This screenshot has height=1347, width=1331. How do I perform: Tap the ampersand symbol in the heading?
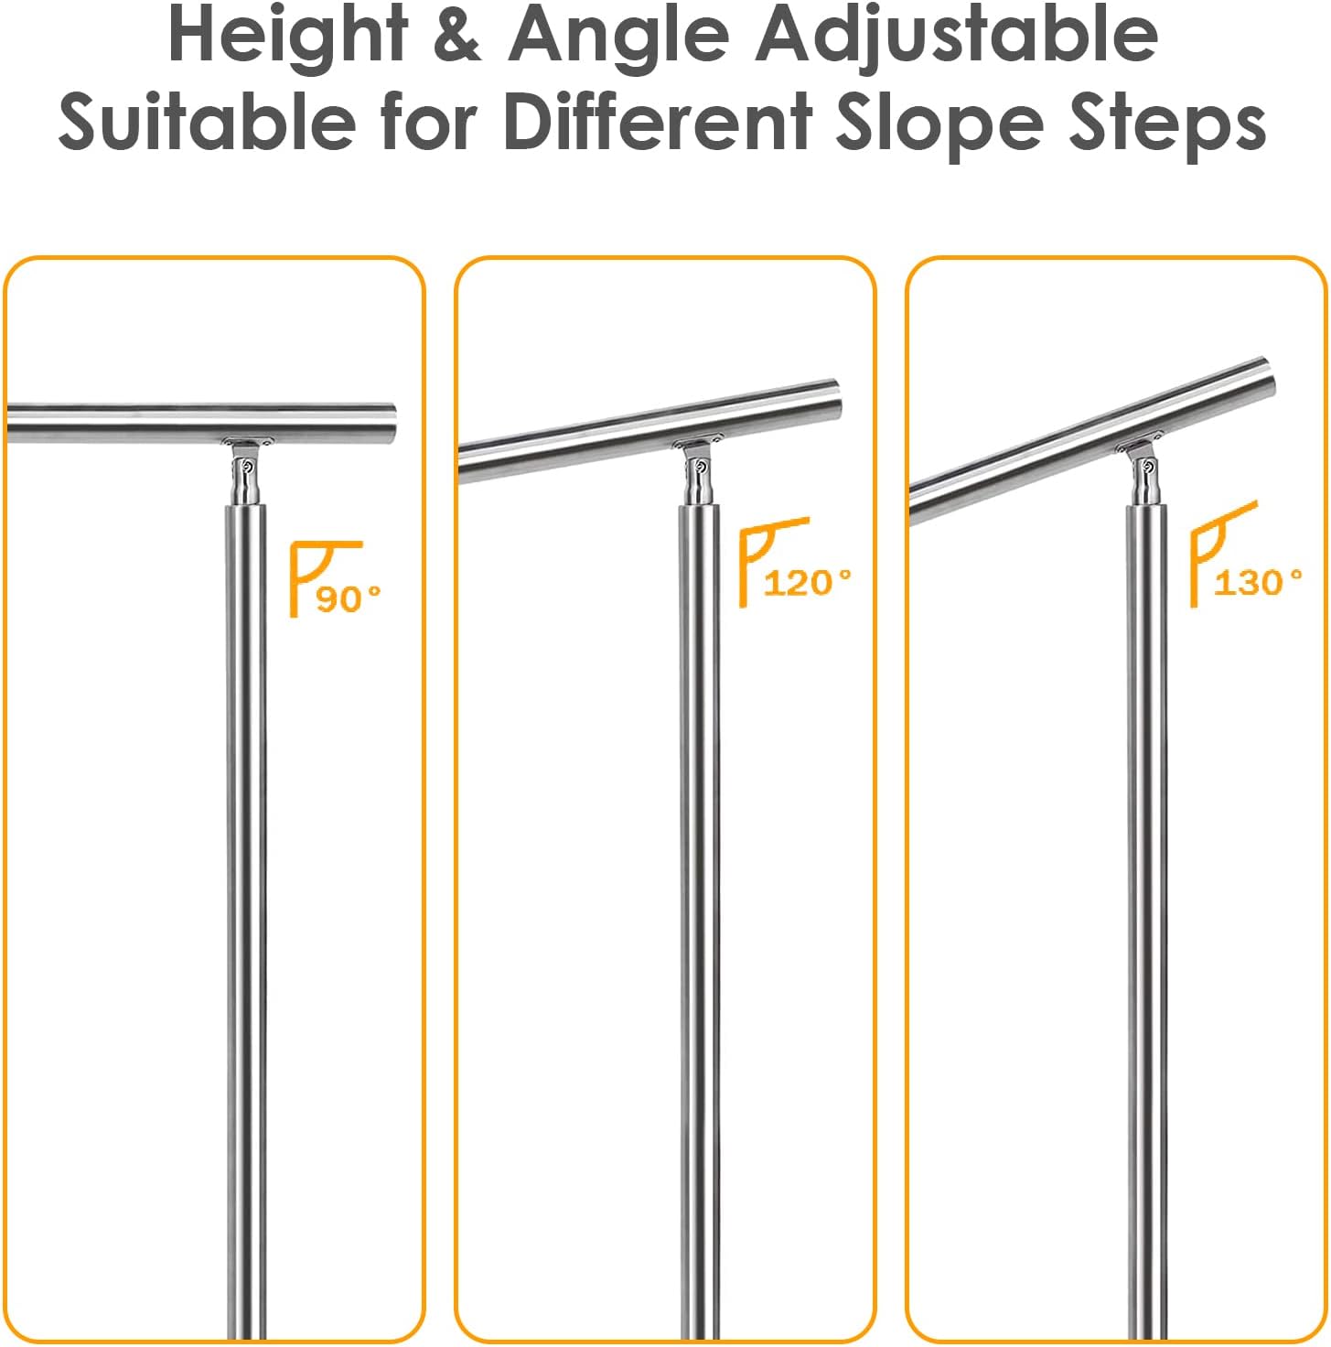(458, 34)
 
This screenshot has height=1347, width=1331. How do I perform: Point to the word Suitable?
(207, 122)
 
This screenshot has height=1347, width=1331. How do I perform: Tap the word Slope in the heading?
(940, 124)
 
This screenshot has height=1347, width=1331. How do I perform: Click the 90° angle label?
(349, 598)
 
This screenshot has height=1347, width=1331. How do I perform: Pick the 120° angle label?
(807, 583)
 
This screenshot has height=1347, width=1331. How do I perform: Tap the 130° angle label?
(1258, 582)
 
